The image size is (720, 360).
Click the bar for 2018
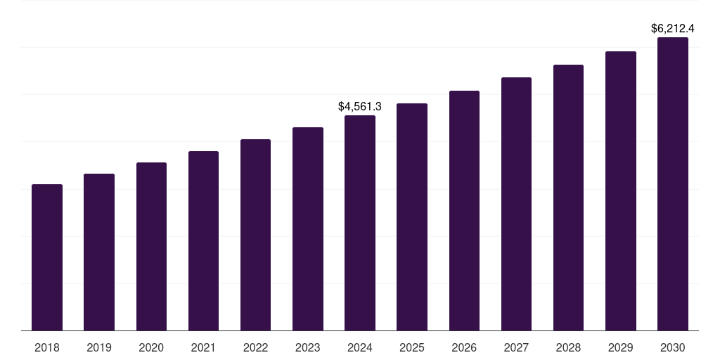47,257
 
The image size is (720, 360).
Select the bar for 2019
99,252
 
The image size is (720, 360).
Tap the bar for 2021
203,240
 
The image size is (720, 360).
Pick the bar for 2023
308,229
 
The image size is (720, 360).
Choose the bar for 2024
360,223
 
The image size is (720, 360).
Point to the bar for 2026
464,210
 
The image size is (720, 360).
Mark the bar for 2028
568,198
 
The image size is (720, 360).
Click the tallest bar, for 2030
673,184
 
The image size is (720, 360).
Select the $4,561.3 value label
360,107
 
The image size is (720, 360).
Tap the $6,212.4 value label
673,29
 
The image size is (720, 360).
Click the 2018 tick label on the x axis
47,347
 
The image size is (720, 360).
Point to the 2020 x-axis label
151,347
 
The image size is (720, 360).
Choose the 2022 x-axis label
255,347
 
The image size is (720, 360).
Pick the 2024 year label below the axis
360,347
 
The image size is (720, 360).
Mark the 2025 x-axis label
412,347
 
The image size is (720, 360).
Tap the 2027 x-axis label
516,347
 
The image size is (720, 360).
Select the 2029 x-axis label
621,347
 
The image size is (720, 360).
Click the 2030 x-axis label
673,347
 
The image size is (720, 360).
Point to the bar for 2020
151,246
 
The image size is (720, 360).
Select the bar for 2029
621,191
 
